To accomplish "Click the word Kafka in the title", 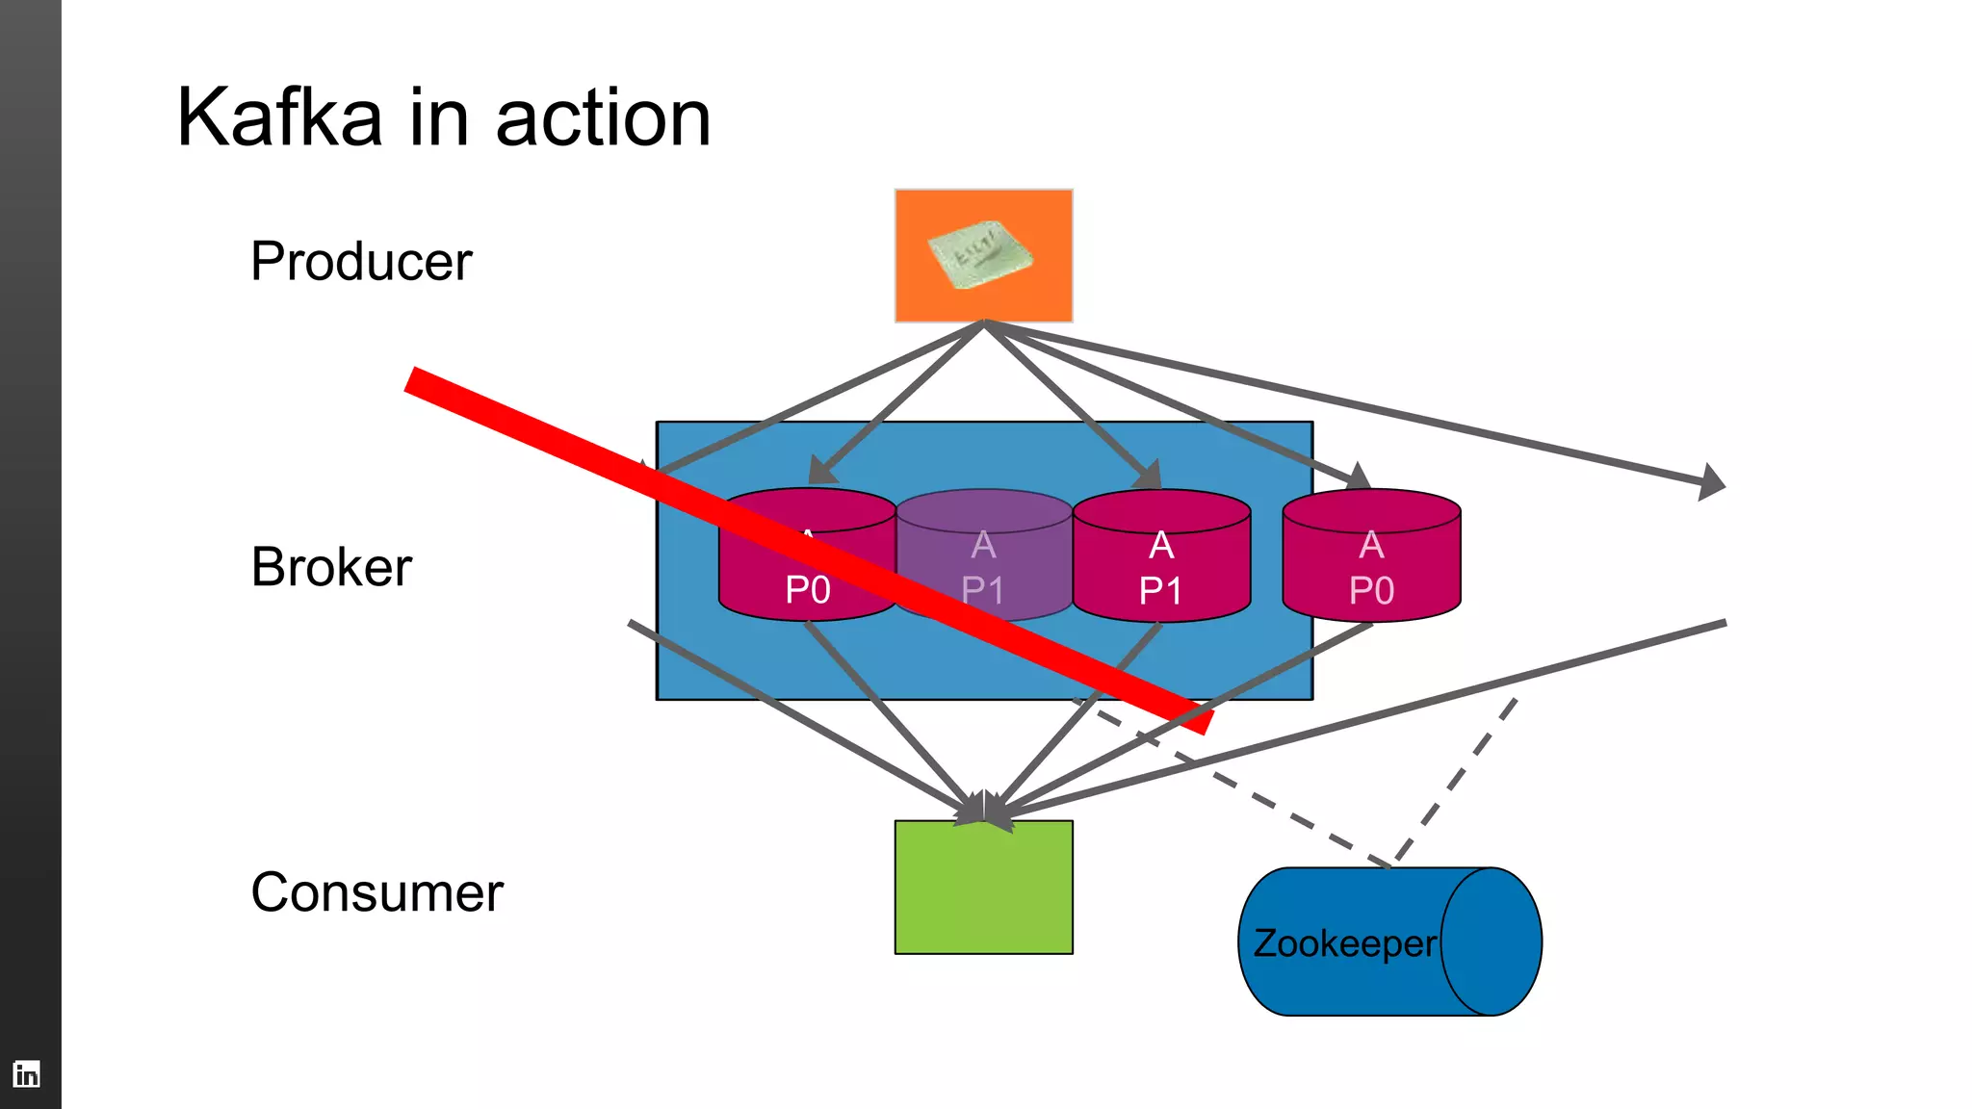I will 279,117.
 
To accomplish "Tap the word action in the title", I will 603,117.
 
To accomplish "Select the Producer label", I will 361,261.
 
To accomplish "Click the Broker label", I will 331,566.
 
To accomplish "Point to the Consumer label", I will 376,891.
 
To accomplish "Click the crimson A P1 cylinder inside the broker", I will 1161,568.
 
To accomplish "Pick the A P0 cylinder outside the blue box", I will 1371,568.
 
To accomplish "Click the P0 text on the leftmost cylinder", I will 807,590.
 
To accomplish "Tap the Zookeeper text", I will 1344,943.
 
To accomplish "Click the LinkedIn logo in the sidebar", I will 27,1073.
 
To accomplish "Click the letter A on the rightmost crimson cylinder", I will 1371,546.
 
